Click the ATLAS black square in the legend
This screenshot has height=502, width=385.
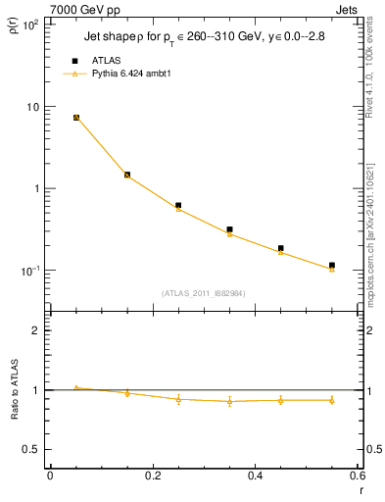(x=75, y=61)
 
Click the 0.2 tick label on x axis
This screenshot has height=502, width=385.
(x=153, y=476)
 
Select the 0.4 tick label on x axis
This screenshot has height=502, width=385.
(x=255, y=476)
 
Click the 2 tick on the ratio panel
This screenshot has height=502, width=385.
(x=39, y=330)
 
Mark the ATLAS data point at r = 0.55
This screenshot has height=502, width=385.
(x=332, y=265)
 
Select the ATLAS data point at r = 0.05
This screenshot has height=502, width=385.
(x=76, y=118)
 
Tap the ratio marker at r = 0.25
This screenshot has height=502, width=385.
(x=178, y=399)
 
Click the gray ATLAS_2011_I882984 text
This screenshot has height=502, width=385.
(x=203, y=293)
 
